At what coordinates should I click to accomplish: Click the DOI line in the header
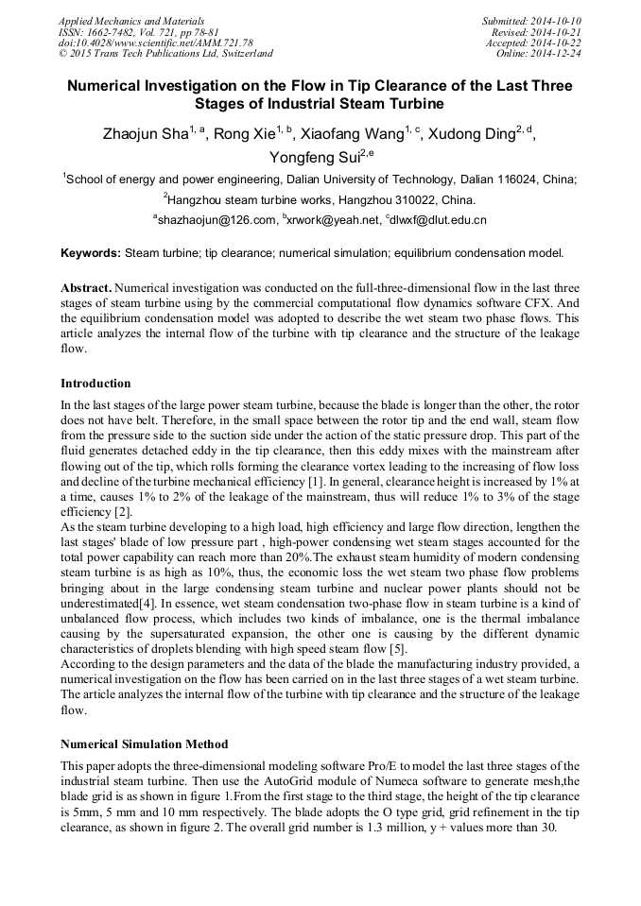point(155,43)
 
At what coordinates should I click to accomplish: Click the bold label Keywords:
point(91,253)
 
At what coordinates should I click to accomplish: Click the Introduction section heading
point(95,384)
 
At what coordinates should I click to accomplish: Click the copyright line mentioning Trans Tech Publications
point(165,54)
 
